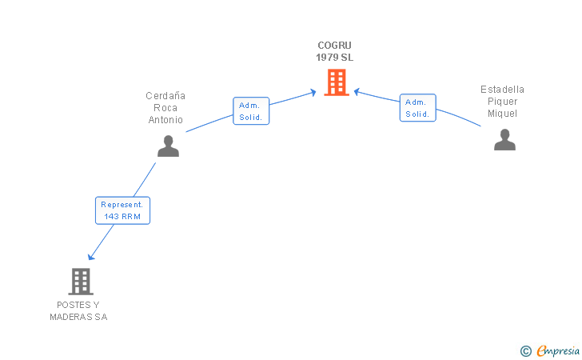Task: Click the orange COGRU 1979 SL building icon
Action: tap(337, 82)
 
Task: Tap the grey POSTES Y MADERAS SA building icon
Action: tap(81, 281)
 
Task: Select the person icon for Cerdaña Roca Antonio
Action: tap(168, 146)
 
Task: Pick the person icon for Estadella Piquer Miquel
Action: tap(504, 139)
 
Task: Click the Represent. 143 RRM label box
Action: tap(122, 210)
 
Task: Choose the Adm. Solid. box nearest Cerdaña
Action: tap(251, 111)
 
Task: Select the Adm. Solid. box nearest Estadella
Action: tap(417, 108)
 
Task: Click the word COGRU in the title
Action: tap(334, 46)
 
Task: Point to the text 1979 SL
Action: tap(334, 58)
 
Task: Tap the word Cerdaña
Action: tap(165, 96)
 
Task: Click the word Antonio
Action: tap(165, 120)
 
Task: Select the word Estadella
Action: tap(502, 90)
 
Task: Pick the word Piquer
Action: tap(502, 102)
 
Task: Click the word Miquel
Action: tap(502, 114)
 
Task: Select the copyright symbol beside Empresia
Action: tap(525, 350)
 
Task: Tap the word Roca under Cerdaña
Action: tap(165, 108)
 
